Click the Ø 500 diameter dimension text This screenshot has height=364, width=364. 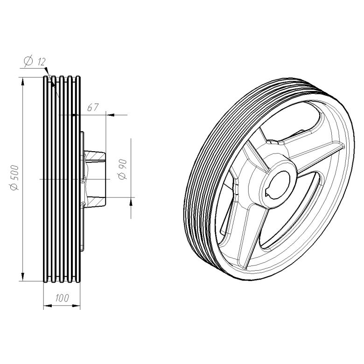(x=14, y=178)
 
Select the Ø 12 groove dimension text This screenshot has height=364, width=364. (x=35, y=61)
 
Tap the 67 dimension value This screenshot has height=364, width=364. (x=93, y=107)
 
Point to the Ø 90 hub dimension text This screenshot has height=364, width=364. (x=123, y=169)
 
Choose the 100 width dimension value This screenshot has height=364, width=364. (x=62, y=298)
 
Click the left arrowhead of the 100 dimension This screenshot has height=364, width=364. (x=48, y=306)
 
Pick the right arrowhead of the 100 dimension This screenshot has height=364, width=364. (x=76, y=306)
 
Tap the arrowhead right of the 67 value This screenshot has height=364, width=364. (x=111, y=115)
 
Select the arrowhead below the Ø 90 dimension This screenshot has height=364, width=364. (x=131, y=202)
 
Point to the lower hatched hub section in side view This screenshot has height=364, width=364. (x=95, y=202)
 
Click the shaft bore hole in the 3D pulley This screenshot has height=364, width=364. (x=278, y=185)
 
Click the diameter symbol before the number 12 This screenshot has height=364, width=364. (x=28, y=61)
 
